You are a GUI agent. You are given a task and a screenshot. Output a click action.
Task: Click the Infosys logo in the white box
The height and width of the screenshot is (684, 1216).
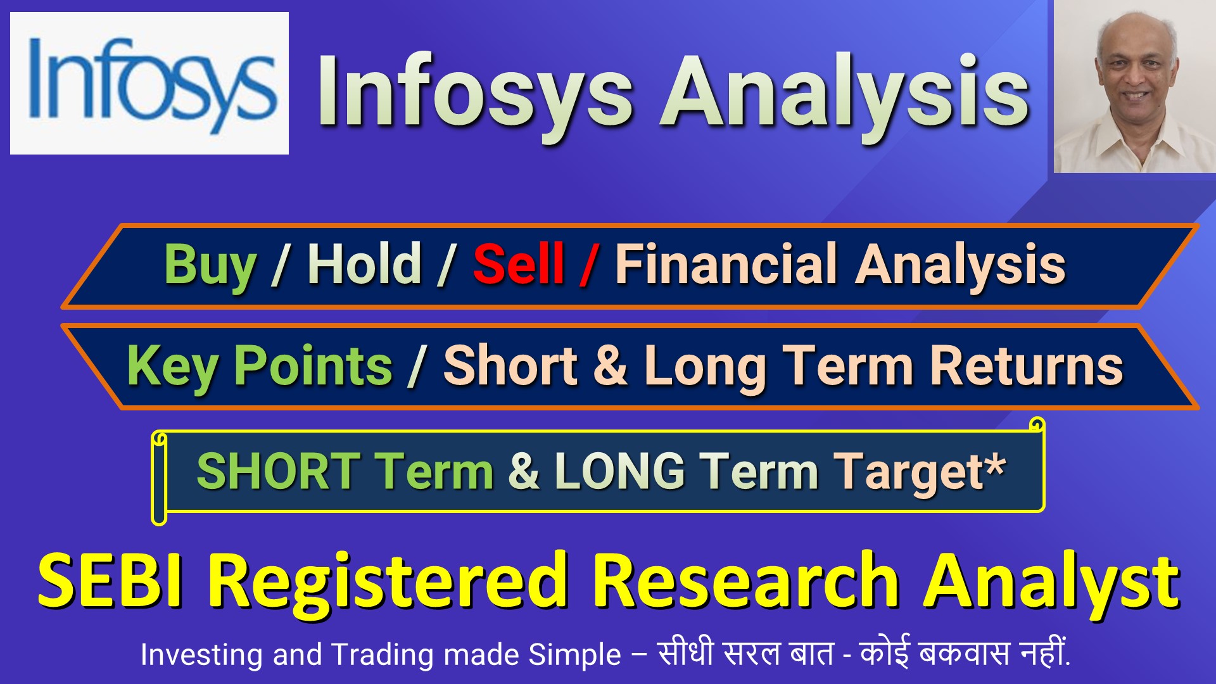[152, 85]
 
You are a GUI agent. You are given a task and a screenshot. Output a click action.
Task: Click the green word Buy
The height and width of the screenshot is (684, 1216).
[210, 266]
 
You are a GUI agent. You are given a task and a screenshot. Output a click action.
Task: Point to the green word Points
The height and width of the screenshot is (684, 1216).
[314, 365]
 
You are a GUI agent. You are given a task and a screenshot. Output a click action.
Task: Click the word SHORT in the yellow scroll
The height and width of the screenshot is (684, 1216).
[279, 471]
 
